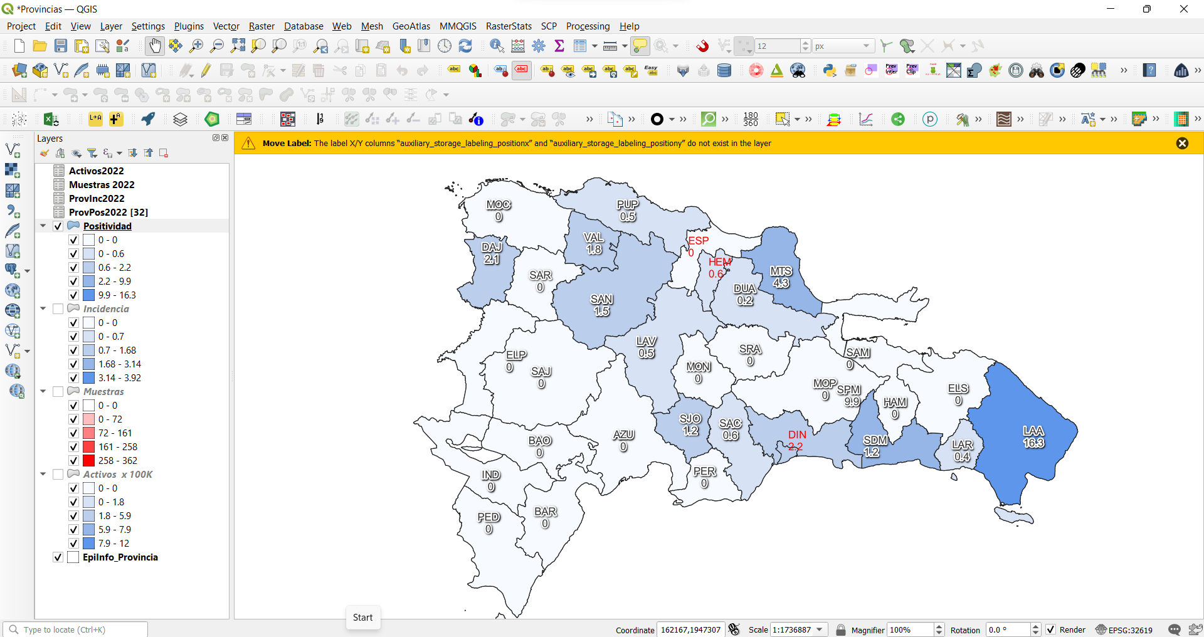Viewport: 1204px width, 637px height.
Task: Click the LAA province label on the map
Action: pyautogui.click(x=1033, y=431)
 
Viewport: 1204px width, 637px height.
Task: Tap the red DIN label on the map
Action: pyautogui.click(x=797, y=435)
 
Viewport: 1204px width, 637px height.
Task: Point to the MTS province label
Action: pyautogui.click(x=781, y=271)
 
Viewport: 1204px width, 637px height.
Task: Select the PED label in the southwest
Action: pyautogui.click(x=488, y=518)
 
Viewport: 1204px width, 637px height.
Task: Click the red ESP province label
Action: pyautogui.click(x=698, y=241)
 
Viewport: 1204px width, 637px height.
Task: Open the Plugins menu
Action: pyautogui.click(x=189, y=26)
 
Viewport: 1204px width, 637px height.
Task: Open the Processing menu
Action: pyautogui.click(x=588, y=26)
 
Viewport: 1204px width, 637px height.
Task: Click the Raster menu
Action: pyautogui.click(x=261, y=26)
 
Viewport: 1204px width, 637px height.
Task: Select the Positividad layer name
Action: pyautogui.click(x=107, y=226)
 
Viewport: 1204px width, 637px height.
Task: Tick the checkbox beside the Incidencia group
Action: pyautogui.click(x=58, y=309)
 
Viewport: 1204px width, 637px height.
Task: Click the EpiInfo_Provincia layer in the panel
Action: pyautogui.click(x=120, y=557)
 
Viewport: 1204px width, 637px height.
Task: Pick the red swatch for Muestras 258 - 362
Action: pyautogui.click(x=89, y=461)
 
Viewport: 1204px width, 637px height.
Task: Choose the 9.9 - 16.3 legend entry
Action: pyautogui.click(x=117, y=295)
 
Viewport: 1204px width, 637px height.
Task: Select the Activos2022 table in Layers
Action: pyautogui.click(x=96, y=171)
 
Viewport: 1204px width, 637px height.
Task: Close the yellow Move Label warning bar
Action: pyautogui.click(x=1182, y=144)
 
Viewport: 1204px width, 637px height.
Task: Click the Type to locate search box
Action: pyautogui.click(x=78, y=630)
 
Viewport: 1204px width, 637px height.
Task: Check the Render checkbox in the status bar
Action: pyautogui.click(x=1051, y=630)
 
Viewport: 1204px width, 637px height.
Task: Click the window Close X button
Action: pyautogui.click(x=1183, y=9)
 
